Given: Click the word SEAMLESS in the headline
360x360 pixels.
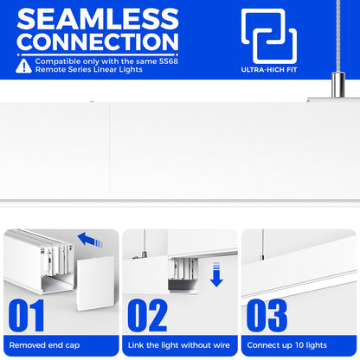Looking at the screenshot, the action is [98, 19].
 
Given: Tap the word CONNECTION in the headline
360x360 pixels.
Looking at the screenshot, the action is [98, 42].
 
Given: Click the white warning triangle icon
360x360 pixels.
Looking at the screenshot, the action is [23, 66].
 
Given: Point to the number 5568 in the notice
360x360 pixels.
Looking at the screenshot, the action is [169, 61].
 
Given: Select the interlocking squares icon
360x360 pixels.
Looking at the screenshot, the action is [269, 36].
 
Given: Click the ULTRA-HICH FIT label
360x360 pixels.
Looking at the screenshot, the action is [269, 69].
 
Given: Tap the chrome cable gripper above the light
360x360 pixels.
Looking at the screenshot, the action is [337, 85].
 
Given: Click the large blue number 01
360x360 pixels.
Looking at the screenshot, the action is [26, 315].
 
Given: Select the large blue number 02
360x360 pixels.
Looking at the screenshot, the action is [147, 315].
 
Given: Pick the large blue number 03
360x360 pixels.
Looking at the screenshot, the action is [267, 315].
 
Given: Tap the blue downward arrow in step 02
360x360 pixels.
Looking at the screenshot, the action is [216, 274].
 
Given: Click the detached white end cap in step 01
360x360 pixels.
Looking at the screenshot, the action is [95, 284].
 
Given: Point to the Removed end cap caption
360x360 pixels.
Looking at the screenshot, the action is [44, 345].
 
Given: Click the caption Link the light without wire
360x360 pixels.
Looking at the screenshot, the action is [179, 345].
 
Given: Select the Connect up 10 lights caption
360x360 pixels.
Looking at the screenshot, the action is [287, 345].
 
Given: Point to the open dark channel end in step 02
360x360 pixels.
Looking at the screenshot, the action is [183, 286].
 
